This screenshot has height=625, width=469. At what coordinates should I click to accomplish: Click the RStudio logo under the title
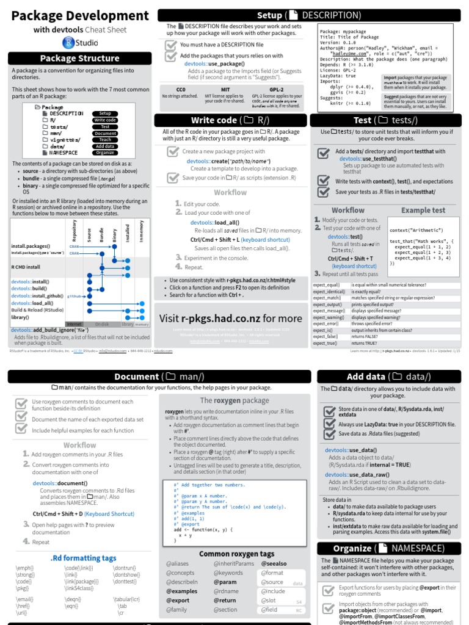(79, 43)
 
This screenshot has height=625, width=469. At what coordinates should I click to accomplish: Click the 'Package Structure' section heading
(79, 59)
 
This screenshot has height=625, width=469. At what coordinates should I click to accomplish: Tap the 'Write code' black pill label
(105, 120)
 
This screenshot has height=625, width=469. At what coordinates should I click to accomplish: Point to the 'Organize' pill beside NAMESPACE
(105, 153)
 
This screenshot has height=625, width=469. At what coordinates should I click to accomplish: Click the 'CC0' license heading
(180, 89)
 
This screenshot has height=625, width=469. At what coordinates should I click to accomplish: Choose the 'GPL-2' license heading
(276, 89)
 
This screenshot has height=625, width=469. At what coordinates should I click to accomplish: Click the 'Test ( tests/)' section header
(388, 120)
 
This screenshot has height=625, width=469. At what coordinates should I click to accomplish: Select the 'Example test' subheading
(423, 210)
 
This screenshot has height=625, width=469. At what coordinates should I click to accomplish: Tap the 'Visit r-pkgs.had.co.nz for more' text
(230, 319)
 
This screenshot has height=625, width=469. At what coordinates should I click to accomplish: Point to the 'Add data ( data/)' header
(388, 377)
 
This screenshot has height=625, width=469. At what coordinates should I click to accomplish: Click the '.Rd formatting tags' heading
(83, 558)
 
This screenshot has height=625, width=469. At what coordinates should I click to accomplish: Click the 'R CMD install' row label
(26, 267)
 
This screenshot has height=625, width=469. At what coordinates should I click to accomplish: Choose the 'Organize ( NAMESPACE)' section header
(388, 548)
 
